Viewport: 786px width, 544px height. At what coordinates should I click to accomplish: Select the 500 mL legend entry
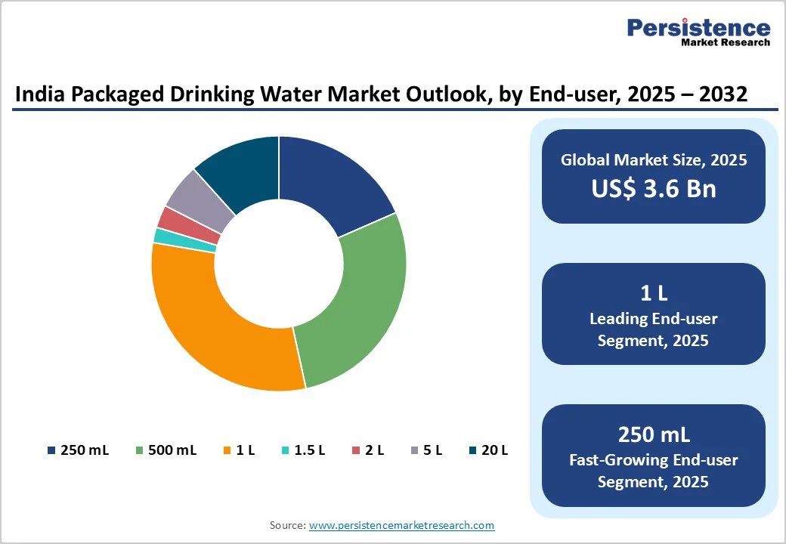(x=166, y=450)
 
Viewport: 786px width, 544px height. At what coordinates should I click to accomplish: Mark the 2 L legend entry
(x=368, y=450)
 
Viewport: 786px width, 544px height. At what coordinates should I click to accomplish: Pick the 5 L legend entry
(x=426, y=450)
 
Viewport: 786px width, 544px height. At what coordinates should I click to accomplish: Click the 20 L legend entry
(x=488, y=450)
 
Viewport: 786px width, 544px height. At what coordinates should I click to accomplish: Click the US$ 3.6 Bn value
(x=653, y=187)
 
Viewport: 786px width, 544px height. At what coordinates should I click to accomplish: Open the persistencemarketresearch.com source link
(x=401, y=525)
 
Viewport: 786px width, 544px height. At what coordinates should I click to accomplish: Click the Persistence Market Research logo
(x=698, y=32)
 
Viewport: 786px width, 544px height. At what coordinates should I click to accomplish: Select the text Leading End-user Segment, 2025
(x=653, y=329)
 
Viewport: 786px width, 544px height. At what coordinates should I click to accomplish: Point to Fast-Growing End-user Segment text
(x=653, y=470)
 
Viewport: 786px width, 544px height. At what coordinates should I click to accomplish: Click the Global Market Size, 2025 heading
(x=653, y=160)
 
